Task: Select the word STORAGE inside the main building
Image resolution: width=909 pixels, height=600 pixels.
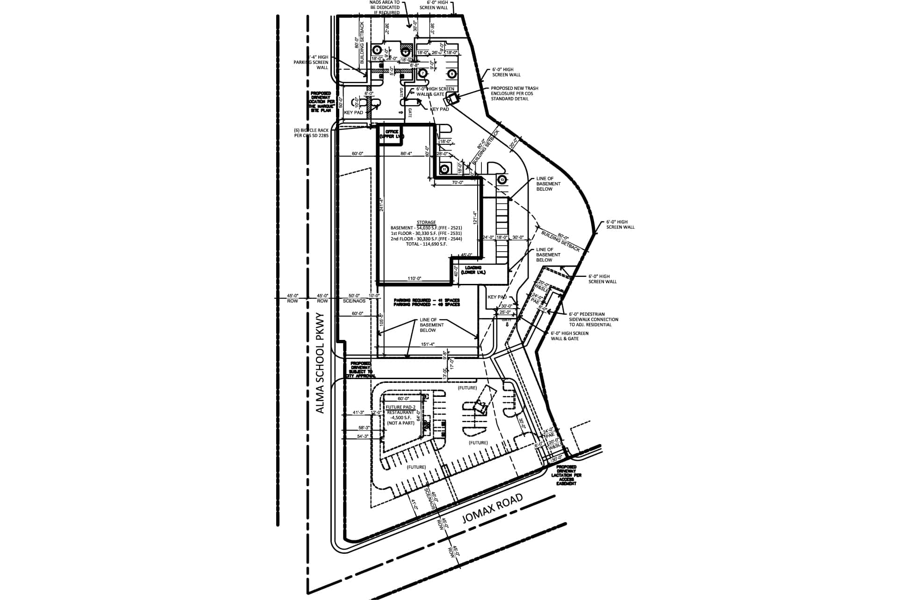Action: [x=426, y=223]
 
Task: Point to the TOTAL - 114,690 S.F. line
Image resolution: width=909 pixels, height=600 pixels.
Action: [x=419, y=244]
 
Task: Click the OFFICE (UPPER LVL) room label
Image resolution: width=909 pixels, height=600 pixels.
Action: [x=391, y=134]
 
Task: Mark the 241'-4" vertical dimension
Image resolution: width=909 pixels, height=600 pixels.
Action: [x=382, y=205]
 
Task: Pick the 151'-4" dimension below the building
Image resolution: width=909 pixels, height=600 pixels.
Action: [x=428, y=345]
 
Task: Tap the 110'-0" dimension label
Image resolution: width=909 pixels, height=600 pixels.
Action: [x=415, y=279]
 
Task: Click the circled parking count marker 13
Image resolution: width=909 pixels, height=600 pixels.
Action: [x=502, y=179]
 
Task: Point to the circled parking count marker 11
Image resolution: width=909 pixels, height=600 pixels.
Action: [x=444, y=169]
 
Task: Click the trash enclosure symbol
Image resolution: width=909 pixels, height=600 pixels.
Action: [x=451, y=99]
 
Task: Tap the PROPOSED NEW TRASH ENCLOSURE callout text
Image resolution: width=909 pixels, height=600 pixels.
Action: [x=514, y=93]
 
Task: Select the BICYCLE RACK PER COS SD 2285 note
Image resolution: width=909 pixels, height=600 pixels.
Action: [x=311, y=133]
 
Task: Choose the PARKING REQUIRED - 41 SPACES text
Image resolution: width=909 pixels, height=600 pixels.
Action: [x=427, y=300]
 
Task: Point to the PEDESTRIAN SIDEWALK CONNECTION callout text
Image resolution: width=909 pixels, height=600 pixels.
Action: [x=594, y=319]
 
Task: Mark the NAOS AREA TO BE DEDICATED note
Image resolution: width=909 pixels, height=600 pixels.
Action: [x=385, y=7]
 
